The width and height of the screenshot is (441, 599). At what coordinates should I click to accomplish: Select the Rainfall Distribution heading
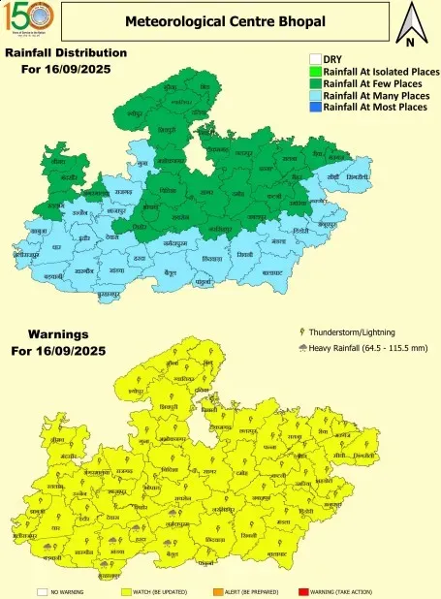(x=66, y=52)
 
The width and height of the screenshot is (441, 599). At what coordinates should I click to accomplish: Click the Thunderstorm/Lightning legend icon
(x=302, y=331)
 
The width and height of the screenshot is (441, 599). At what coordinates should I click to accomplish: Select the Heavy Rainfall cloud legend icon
(x=302, y=348)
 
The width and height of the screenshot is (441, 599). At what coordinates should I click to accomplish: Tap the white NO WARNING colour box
(x=42, y=590)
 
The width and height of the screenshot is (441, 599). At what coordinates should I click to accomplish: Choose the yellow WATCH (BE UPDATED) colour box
(x=126, y=590)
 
